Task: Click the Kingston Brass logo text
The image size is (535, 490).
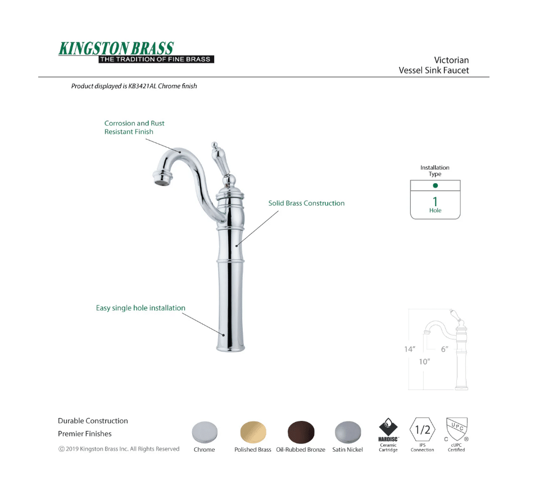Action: point(116,48)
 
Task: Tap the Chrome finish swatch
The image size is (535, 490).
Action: point(205,432)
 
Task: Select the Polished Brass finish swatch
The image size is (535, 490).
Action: point(253,432)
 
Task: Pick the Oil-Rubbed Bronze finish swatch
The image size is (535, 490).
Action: point(301,432)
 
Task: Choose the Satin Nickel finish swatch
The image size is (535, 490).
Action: point(348,432)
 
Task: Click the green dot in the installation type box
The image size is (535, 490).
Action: point(435,185)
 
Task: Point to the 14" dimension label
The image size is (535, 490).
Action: point(410,349)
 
